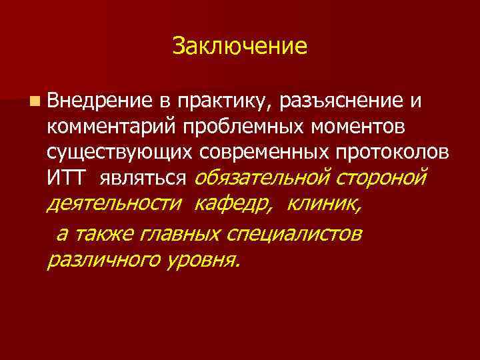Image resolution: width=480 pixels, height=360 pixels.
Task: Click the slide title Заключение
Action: pyautogui.click(x=239, y=46)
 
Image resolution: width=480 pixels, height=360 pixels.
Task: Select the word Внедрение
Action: pyautogui.click(x=99, y=101)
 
